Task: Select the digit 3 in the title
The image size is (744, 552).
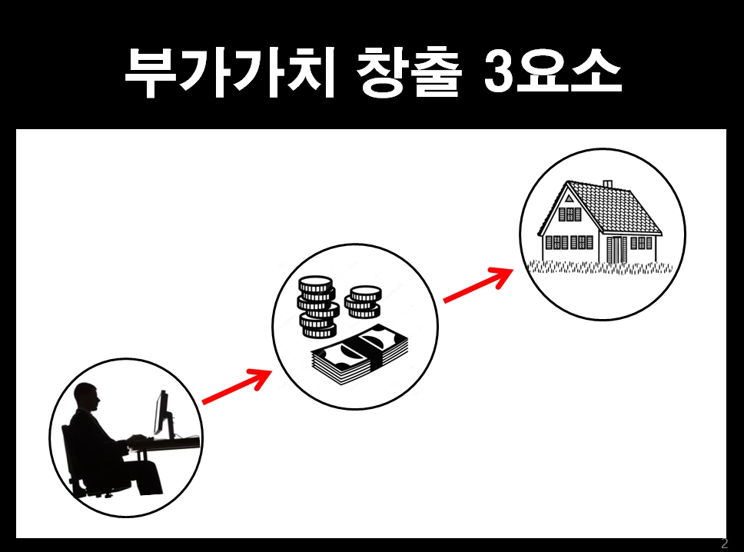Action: pos(503,75)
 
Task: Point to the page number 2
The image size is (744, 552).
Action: pos(723,544)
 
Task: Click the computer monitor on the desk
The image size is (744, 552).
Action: pos(161,412)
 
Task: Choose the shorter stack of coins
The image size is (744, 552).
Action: pos(362,302)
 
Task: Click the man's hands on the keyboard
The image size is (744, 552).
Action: pos(137,440)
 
